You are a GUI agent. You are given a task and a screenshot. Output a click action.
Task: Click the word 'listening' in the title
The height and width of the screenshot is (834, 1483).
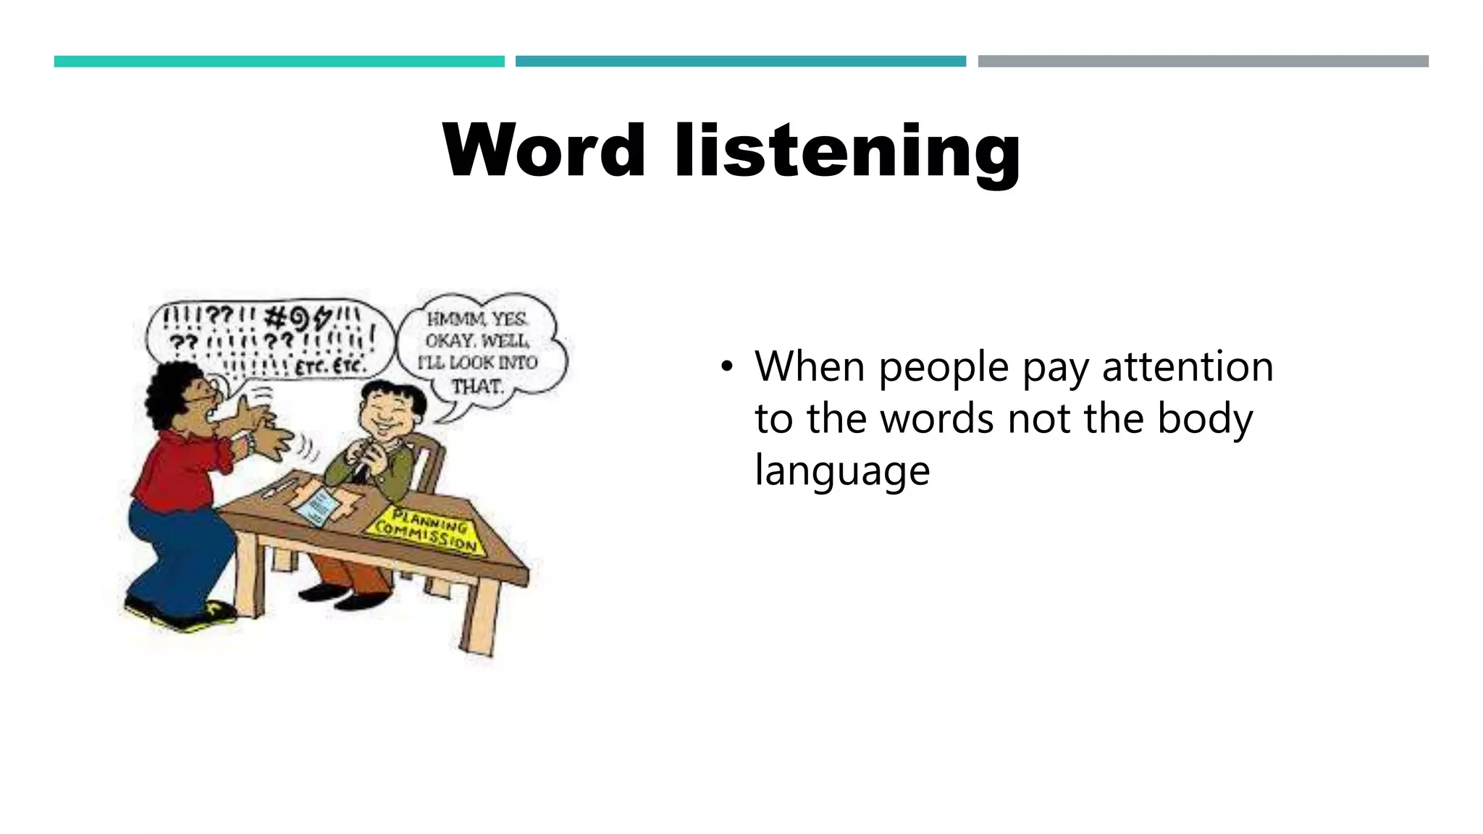847,152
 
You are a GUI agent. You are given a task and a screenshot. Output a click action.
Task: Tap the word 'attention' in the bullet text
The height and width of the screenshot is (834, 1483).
1188,366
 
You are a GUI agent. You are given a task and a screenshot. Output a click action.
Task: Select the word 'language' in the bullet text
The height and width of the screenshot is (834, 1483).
842,471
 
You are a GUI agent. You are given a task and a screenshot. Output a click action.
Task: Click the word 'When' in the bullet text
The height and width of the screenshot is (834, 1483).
810,366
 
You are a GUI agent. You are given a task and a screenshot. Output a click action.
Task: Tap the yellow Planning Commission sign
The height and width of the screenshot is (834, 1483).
423,531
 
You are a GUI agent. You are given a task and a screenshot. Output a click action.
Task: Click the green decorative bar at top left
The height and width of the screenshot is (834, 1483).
279,62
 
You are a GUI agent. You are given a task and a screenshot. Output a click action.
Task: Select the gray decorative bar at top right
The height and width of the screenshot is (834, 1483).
1203,62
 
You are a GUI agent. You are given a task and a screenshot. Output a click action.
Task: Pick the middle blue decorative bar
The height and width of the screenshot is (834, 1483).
740,62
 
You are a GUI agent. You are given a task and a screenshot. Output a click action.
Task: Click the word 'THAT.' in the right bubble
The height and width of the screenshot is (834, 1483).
477,387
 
